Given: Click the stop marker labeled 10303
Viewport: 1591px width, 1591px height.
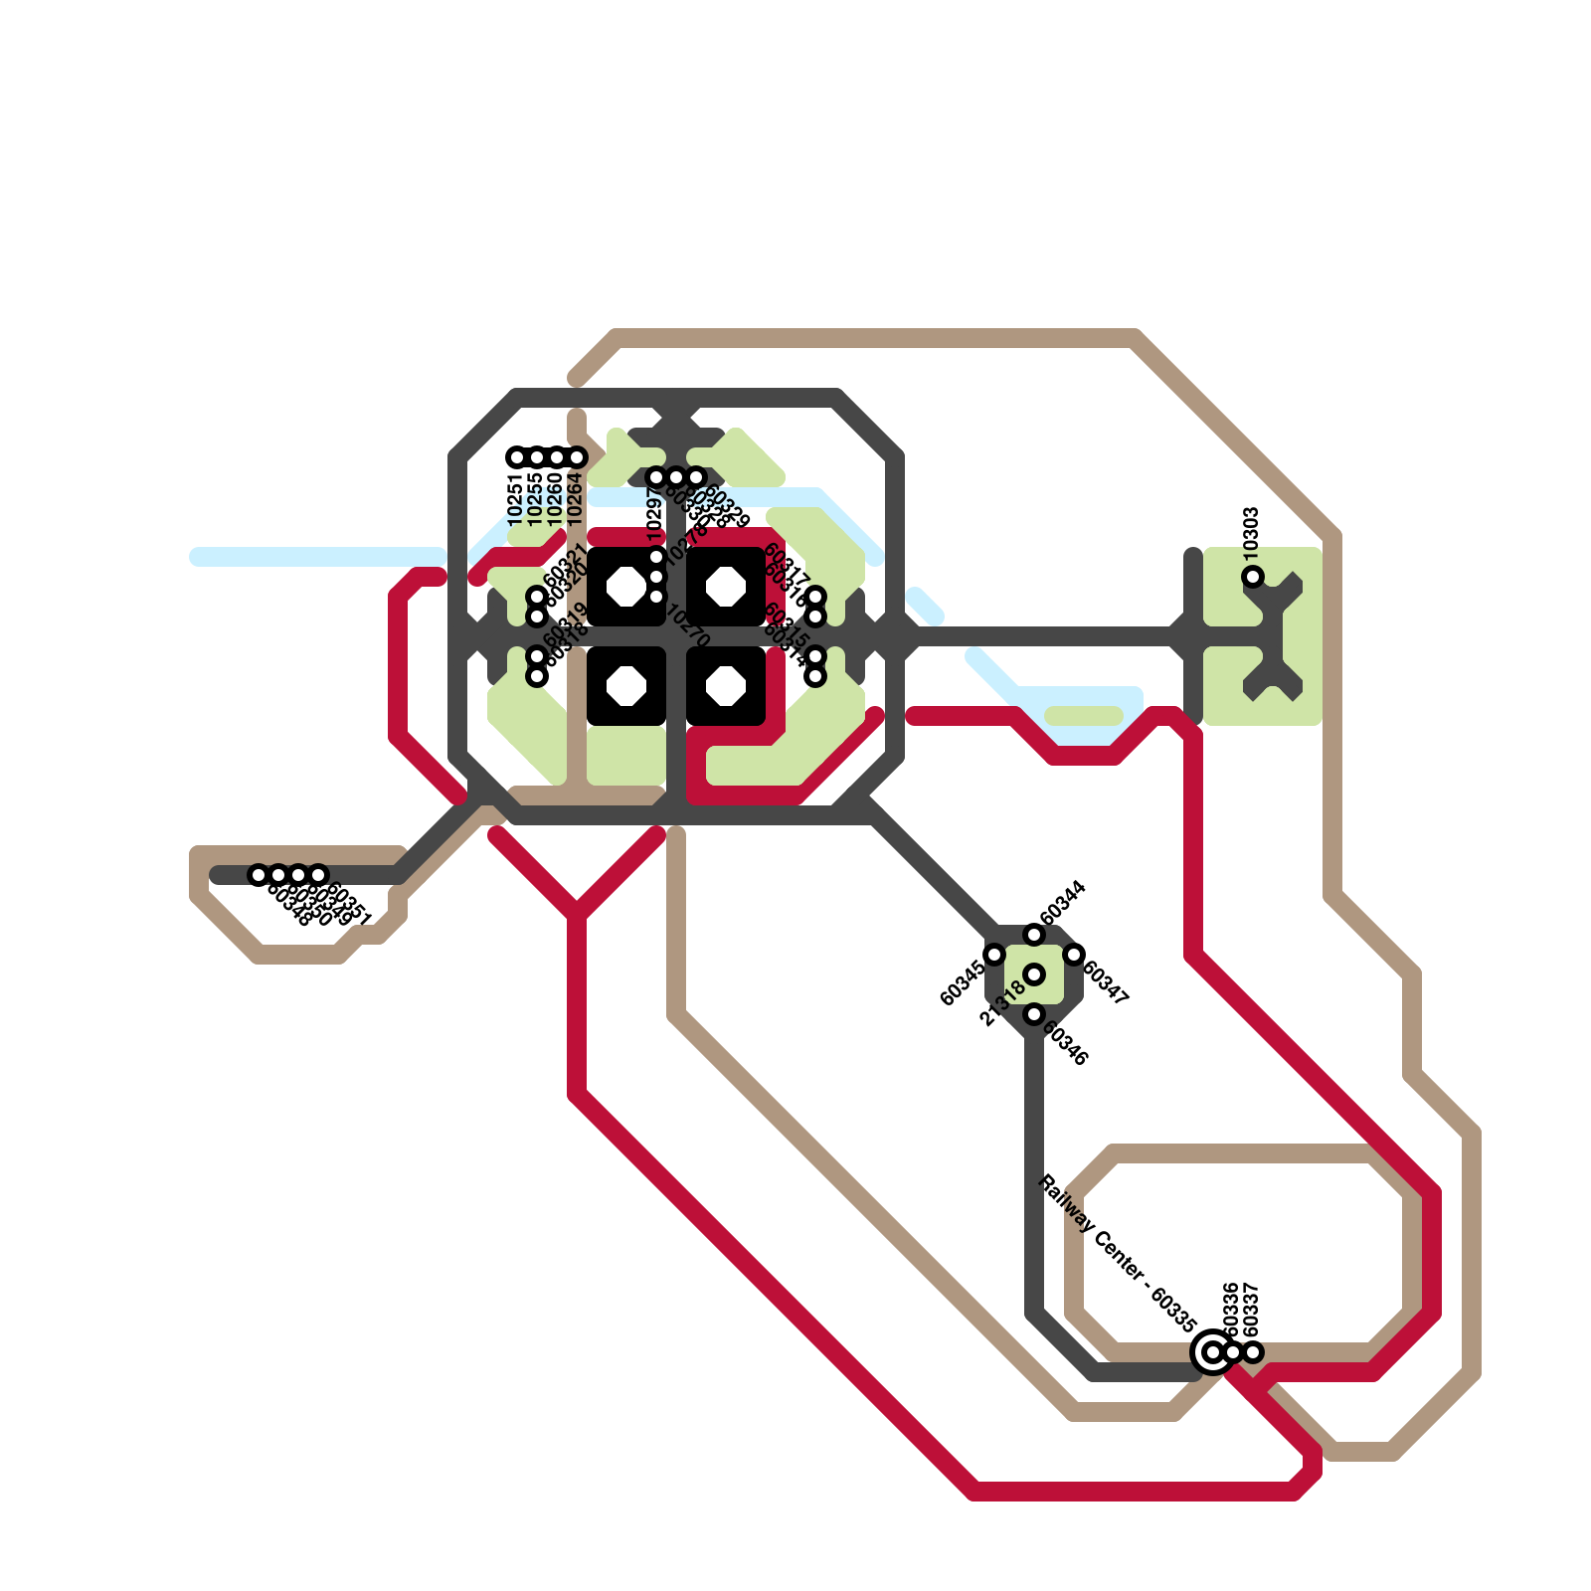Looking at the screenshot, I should point(1253,577).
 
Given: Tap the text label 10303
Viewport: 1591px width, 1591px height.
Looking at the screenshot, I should point(1252,531).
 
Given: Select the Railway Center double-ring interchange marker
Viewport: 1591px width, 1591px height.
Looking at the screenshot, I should point(1212,1352).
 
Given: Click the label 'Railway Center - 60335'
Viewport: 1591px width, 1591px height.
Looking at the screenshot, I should point(1116,1253).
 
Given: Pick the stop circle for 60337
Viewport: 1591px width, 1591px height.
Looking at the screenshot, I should point(1254,1352).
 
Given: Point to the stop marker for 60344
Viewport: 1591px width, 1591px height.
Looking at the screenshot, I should point(1034,935).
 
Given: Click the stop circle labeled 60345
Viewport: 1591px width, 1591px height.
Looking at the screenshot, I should point(994,955).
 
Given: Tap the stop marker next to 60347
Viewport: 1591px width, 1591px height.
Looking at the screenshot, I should point(1074,955).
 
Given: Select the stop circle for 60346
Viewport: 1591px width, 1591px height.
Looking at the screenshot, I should point(1034,1014).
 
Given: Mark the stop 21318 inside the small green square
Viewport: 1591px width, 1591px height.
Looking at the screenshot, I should point(1034,974).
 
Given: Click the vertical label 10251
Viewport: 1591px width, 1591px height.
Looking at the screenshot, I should point(515,500).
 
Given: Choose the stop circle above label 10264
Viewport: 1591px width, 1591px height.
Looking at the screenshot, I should point(577,457).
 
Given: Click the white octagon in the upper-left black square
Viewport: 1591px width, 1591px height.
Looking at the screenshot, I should point(626,587).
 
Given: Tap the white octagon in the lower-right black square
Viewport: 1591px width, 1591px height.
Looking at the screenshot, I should point(726,686).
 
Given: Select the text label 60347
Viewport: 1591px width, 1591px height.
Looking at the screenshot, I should point(1106,983).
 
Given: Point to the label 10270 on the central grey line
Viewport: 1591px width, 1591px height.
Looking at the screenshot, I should point(687,626).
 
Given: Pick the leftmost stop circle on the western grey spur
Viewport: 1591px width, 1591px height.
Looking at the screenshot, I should point(259,875).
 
